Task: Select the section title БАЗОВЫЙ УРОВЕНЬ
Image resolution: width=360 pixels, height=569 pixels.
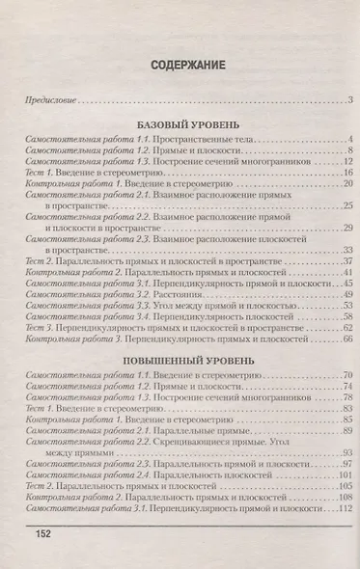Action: tap(180, 125)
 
